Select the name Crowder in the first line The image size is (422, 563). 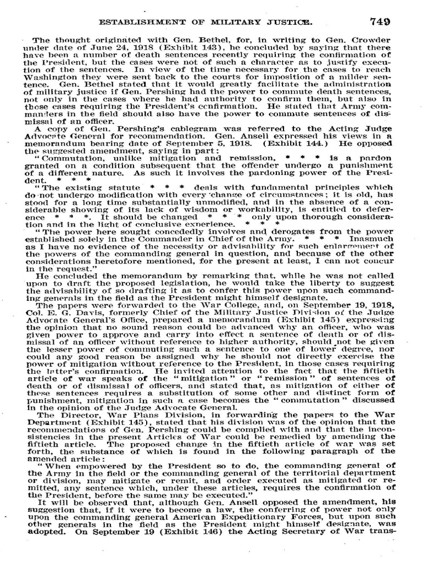[x=374, y=40]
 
